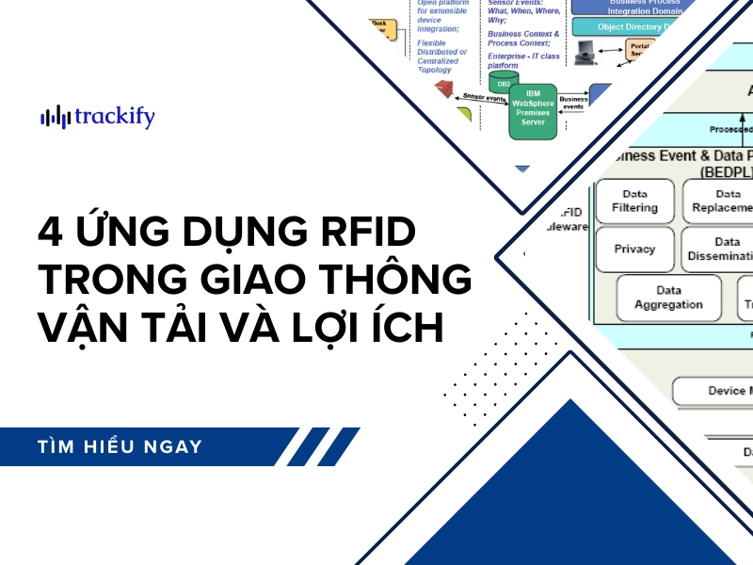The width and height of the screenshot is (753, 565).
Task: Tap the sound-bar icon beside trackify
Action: [x=56, y=117]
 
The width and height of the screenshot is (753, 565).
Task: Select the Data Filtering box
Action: [x=634, y=200]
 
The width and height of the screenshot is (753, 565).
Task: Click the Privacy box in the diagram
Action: [x=634, y=250]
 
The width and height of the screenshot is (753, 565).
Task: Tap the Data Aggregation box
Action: [x=667, y=298]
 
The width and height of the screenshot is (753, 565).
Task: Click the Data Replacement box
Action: [x=721, y=200]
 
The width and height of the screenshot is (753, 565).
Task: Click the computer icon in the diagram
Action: [x=585, y=51]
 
